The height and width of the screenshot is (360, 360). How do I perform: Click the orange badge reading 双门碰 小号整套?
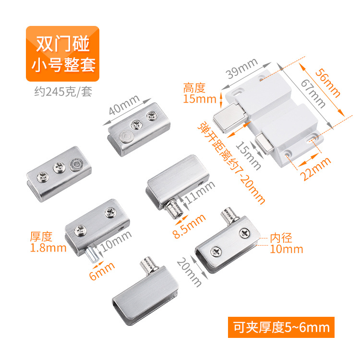point(62,54)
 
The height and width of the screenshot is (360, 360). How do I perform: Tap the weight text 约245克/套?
point(63,92)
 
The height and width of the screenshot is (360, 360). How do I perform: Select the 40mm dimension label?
point(124,105)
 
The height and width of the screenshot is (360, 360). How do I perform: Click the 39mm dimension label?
point(241,68)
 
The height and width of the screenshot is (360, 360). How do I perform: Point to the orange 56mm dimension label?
point(327,83)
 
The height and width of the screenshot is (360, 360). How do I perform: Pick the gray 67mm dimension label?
point(313,94)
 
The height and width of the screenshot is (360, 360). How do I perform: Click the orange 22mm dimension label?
point(316,169)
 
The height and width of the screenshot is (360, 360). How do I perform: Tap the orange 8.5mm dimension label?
point(189,226)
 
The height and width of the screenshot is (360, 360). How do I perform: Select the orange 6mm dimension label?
point(102,271)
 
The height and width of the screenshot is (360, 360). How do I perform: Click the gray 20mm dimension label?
point(189,272)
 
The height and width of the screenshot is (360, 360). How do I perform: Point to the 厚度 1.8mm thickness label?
point(48,242)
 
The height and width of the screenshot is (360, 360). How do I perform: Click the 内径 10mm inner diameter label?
point(286,243)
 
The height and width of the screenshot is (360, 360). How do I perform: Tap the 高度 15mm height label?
point(200,93)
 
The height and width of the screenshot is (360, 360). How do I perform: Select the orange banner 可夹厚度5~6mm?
point(281,327)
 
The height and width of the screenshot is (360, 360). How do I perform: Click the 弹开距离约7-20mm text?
point(231,163)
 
